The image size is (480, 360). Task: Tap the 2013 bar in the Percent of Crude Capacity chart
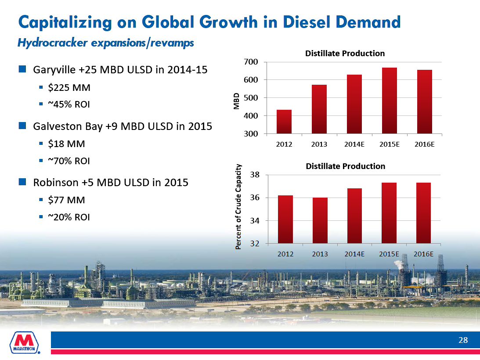[320, 220]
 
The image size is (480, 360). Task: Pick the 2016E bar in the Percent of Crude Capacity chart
[424, 213]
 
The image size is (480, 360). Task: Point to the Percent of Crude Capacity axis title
[239, 206]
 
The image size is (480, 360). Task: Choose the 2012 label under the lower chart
[285, 254]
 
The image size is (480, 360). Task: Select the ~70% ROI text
[71, 161]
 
